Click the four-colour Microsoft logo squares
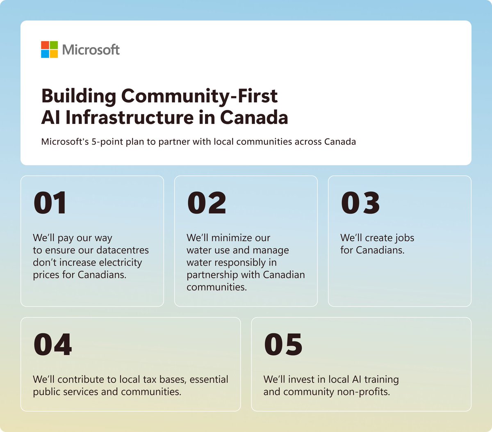point(49,49)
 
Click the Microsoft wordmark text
point(91,50)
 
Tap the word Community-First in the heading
point(199,96)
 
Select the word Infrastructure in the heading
point(129,117)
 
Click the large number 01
point(50,203)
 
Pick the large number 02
point(207,203)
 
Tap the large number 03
point(360,203)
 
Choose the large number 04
point(53,345)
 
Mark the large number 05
point(283,345)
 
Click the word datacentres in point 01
point(123,250)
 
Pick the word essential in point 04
point(209,379)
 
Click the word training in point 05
point(381,380)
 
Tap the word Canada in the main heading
point(254,117)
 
